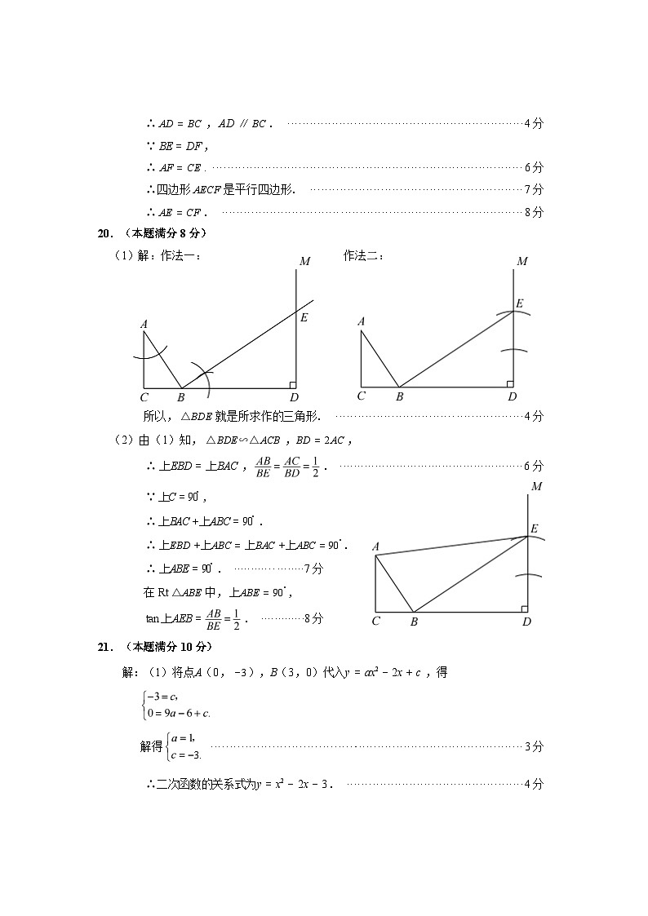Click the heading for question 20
pos(153,233)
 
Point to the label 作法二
pos(363,256)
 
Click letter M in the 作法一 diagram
pos(304,262)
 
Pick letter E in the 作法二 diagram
pos(519,303)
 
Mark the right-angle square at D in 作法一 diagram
pos(292,384)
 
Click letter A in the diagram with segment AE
pos(375,547)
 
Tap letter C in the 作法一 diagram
pos(144,398)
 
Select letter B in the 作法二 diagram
pos(400,397)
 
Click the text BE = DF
pos(183,146)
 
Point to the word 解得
pos(151,746)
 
